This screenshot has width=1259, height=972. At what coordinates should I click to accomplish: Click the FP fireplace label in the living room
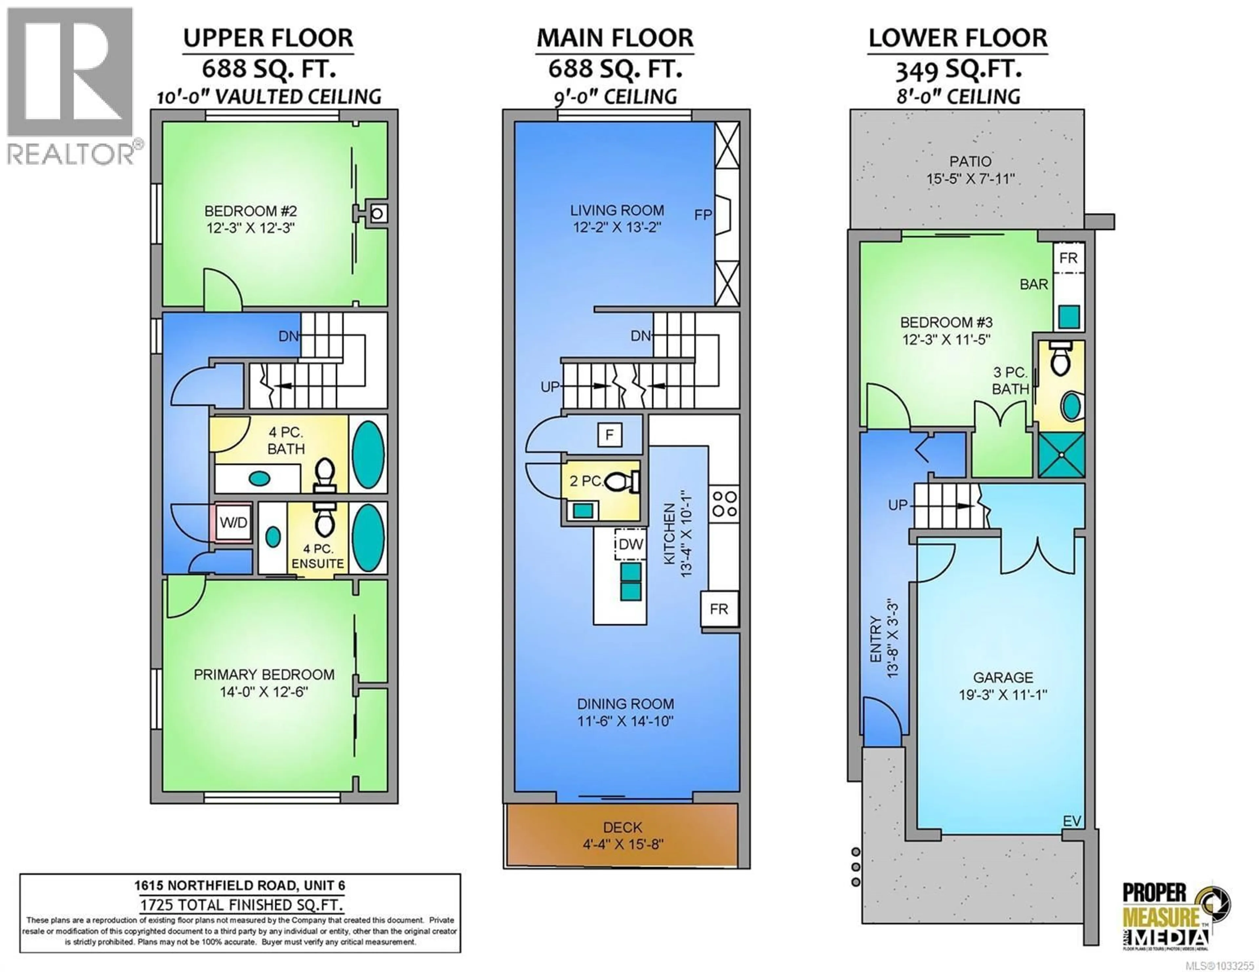click(x=703, y=215)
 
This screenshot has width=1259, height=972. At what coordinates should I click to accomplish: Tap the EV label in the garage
click(x=1072, y=821)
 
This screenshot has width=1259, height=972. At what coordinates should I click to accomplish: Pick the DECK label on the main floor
click(x=623, y=828)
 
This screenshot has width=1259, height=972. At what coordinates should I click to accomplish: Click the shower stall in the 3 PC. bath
click(x=1061, y=455)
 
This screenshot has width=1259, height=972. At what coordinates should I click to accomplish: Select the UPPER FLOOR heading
click(x=268, y=38)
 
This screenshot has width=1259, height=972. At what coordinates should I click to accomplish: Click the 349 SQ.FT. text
click(x=958, y=70)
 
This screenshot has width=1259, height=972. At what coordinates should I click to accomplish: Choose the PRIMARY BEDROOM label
click(x=264, y=674)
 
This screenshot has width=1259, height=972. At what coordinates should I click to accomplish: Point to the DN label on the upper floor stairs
click(x=289, y=336)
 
